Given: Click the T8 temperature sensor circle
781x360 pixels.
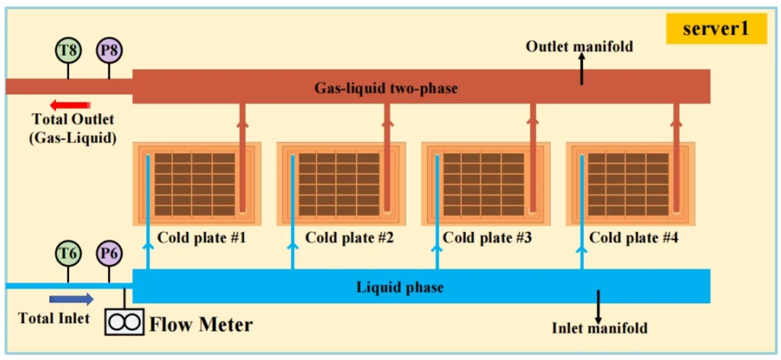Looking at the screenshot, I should tap(69, 50).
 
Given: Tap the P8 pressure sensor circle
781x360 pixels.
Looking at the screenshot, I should tap(109, 50).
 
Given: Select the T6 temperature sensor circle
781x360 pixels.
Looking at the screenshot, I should tap(69, 254).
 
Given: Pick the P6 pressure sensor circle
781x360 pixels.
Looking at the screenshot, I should tap(109, 254).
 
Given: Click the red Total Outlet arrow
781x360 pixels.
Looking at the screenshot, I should tap(69, 106).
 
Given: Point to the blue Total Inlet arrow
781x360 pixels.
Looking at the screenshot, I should tap(72, 300).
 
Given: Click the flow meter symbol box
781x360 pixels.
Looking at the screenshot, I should tap(124, 322).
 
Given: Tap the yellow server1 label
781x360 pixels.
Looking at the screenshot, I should tap(716, 29).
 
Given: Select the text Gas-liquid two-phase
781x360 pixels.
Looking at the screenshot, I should tap(386, 89).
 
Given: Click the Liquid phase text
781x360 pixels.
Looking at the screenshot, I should tap(400, 287).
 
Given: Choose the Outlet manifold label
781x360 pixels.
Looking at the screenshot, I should tap(579, 46).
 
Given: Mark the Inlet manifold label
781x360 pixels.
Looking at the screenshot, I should tap(599, 328).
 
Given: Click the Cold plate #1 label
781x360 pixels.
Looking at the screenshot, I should tap(202, 238).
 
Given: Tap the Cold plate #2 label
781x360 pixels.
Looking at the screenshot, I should tap(349, 238).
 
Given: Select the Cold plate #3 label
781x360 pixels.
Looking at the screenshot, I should tap(487, 238).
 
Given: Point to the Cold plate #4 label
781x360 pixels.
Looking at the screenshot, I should tap(634, 238).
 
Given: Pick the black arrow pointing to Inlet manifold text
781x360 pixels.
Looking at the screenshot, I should tap(598, 304).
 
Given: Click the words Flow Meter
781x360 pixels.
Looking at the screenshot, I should tap(201, 324).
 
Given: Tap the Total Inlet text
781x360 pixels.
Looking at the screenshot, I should tap(54, 318).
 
